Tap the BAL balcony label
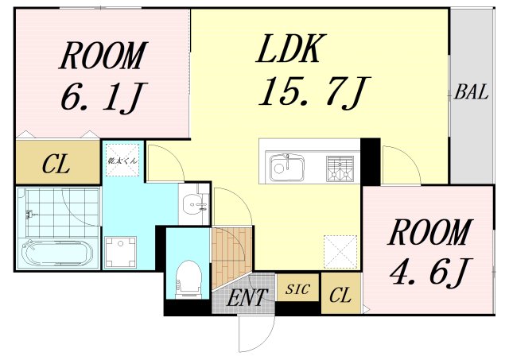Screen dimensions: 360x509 coord(471,92)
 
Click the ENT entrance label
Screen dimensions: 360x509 coord(247,300)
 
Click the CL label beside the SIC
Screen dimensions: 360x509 coord(340,296)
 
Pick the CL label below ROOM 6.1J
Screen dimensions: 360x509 coord(56,165)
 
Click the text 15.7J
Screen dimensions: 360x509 coord(311,94)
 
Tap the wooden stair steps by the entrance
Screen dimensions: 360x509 coord(230,250)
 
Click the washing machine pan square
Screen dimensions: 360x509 coord(123,252)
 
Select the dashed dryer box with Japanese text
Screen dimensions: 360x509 coord(122,160)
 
